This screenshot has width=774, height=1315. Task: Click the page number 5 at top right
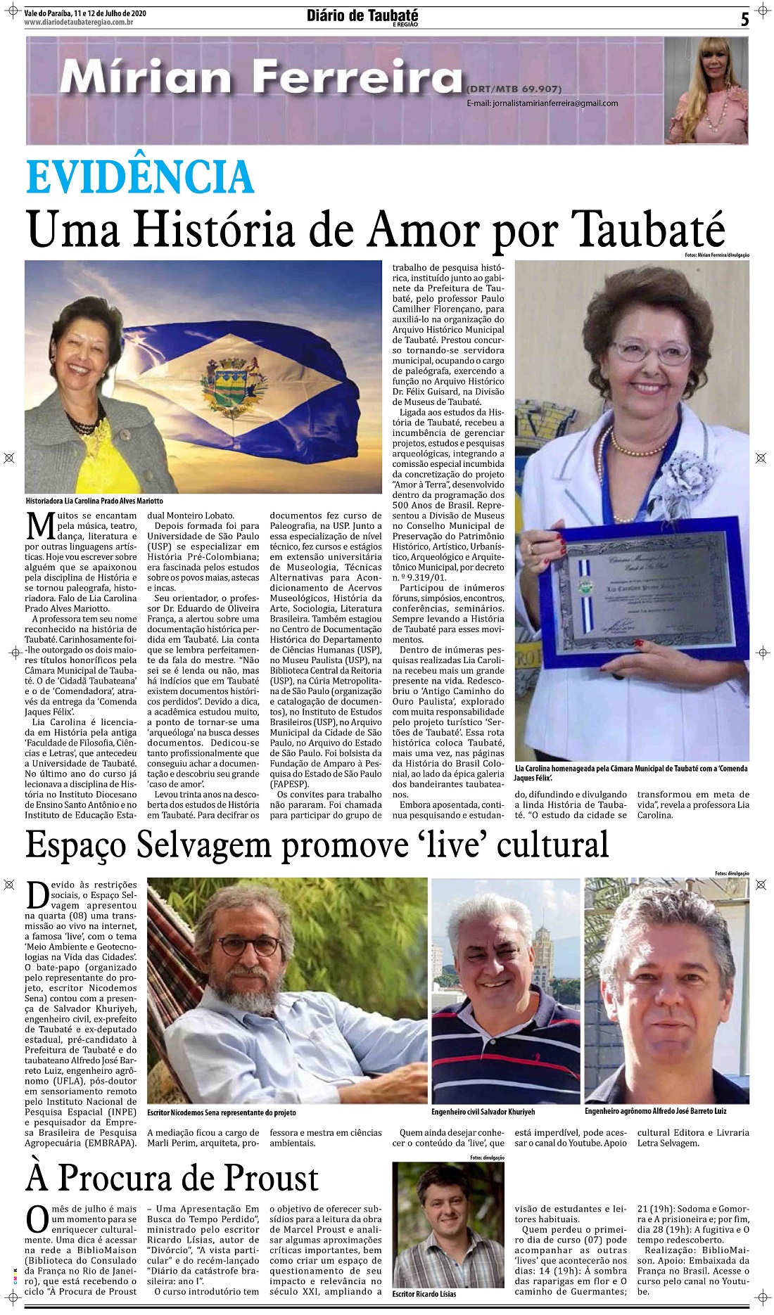tap(744, 19)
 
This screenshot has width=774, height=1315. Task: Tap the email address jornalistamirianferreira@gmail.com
tap(542, 103)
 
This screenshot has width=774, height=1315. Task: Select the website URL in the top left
tap(79, 23)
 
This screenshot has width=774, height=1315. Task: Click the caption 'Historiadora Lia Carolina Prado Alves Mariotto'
tap(94, 501)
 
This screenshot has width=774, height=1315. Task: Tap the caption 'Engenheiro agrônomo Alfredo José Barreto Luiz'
tap(655, 1111)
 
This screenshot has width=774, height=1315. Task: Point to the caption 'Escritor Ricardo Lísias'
tap(424, 1294)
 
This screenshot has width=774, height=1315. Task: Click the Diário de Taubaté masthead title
tap(362, 15)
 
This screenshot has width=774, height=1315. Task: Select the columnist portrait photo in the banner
tap(706, 90)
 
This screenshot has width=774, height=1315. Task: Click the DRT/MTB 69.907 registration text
tap(514, 89)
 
